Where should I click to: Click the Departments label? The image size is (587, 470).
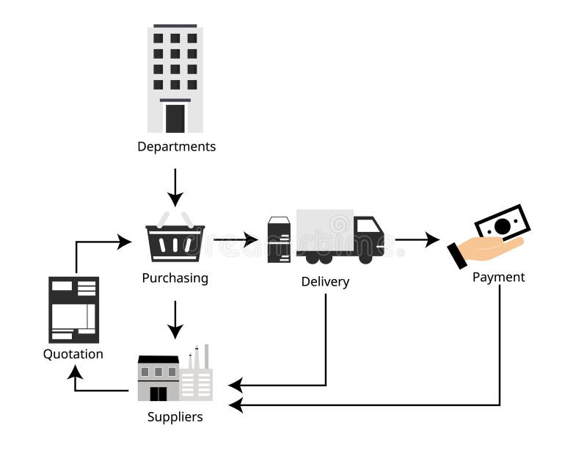176,146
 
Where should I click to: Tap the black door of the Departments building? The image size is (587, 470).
175,117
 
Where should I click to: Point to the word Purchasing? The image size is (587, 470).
175,278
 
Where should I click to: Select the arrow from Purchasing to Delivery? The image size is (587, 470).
236,239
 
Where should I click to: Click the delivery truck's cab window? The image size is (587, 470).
368,225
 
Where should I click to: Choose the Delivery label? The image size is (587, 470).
325,281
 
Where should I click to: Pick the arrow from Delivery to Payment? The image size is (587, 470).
417,239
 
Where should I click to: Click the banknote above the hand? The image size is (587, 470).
503,223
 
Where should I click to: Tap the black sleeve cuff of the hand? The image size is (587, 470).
457,256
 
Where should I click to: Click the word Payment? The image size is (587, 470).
498,277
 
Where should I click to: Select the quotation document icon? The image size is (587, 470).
73,309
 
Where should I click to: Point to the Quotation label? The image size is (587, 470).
73,354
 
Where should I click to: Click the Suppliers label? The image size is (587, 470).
175,417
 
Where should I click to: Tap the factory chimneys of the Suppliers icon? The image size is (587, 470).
198,358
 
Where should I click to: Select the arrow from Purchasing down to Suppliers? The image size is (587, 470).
175,319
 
